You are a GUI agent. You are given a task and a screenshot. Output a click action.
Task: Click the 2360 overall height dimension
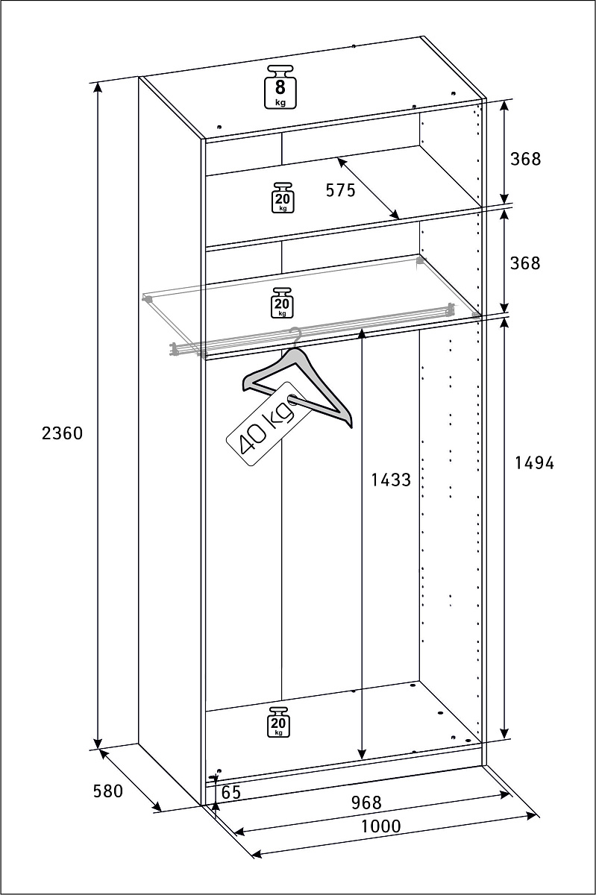(62, 433)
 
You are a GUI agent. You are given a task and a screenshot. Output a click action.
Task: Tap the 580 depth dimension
(108, 791)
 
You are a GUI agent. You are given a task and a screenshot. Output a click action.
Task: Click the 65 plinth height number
(231, 792)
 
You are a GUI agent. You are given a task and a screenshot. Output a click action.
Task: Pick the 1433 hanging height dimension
(391, 480)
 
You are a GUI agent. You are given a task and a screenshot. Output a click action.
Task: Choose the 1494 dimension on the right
(534, 462)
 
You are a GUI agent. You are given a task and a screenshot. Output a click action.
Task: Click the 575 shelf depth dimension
(340, 191)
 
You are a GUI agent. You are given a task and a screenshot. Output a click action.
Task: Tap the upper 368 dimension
(525, 159)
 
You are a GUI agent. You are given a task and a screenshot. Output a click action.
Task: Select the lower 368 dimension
(525, 263)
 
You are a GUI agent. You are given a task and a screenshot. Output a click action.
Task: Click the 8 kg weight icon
(280, 87)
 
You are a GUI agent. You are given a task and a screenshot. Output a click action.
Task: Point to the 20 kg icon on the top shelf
(283, 198)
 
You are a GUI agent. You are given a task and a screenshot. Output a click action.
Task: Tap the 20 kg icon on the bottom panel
(279, 722)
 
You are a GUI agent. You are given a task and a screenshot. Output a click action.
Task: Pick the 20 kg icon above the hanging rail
(282, 303)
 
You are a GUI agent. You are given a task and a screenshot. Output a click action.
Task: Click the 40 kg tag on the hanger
(268, 424)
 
